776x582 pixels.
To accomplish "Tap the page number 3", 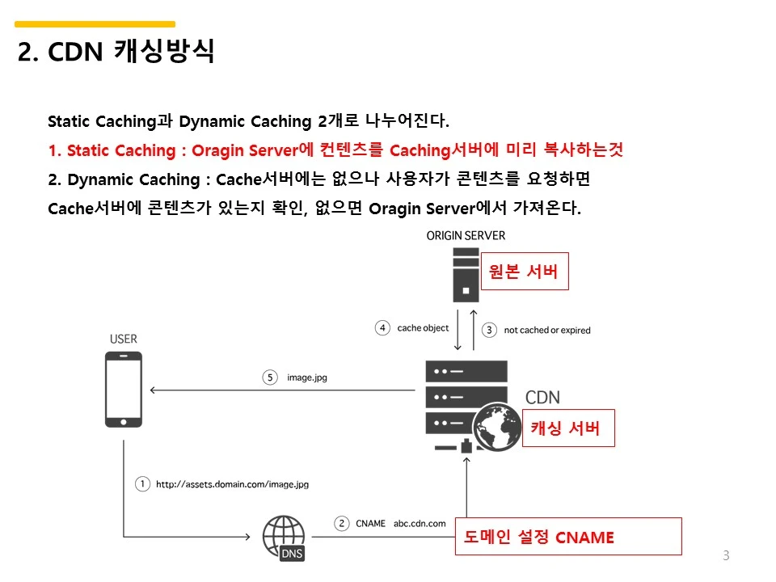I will pos(725,555).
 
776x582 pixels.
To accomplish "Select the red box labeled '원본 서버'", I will pos(524,272).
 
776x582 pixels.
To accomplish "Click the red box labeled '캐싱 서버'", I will pos(565,428).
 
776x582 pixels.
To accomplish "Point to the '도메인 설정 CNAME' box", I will pos(568,537).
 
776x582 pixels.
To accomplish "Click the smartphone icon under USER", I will pos(124,390).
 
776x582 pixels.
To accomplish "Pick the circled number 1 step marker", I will pos(142,484).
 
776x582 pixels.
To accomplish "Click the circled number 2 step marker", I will pos(342,523).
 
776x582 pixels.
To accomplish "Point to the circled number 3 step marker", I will pos(488,330).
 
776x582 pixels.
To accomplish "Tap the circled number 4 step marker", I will pos(382,328).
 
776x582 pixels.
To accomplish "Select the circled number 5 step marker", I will pos(270,377).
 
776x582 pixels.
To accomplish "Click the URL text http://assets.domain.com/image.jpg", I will pos(232,485).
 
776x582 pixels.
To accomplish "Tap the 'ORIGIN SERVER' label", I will pos(466,236).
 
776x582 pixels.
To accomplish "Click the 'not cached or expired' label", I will pos(547,331).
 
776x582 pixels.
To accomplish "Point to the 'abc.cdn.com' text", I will pos(420,524).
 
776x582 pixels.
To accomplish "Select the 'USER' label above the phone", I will pos(124,339).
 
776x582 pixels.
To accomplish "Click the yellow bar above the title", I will pos(95,24).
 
